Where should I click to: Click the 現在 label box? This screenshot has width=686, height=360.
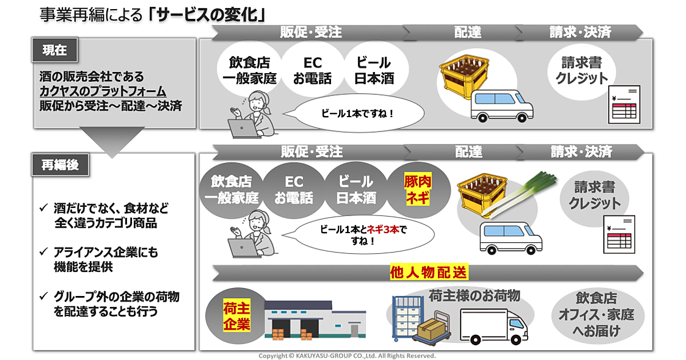55,50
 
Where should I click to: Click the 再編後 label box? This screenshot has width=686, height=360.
59,165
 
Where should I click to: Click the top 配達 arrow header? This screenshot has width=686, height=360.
467,33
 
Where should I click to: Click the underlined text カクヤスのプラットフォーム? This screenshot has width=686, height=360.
103,91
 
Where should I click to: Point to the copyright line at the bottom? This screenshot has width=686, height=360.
347,355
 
